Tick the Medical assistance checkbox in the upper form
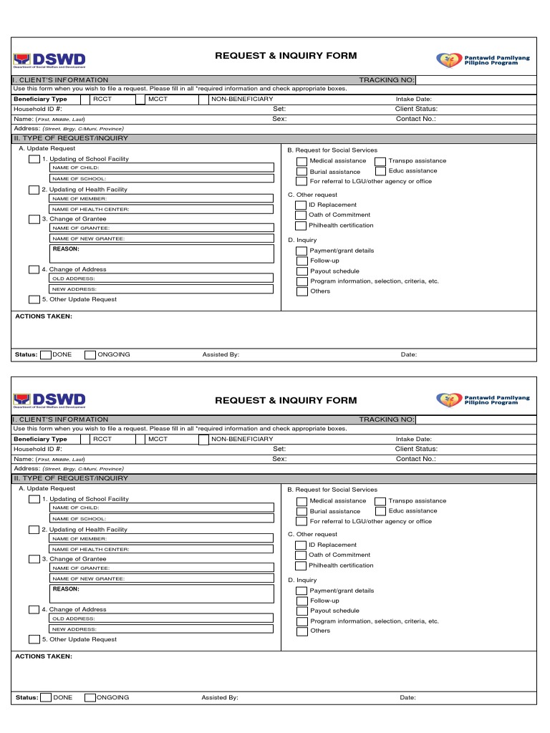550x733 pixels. click(301, 161)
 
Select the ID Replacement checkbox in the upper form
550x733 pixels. click(301, 205)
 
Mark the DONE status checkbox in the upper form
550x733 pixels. click(46, 354)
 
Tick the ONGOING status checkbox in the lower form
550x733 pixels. click(90, 697)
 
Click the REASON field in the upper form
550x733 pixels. click(161, 253)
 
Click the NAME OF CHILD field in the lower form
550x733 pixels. click(161, 508)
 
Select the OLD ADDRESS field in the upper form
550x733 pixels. click(161, 278)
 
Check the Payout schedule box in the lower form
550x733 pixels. click(301, 611)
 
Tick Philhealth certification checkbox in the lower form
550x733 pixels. click(301, 565)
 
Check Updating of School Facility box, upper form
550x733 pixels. click(34, 159)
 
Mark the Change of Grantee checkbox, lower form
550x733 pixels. click(34, 559)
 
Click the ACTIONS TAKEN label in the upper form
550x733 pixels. click(44, 316)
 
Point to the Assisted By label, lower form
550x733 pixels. click(220, 697)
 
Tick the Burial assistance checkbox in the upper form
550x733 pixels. click(301, 172)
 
